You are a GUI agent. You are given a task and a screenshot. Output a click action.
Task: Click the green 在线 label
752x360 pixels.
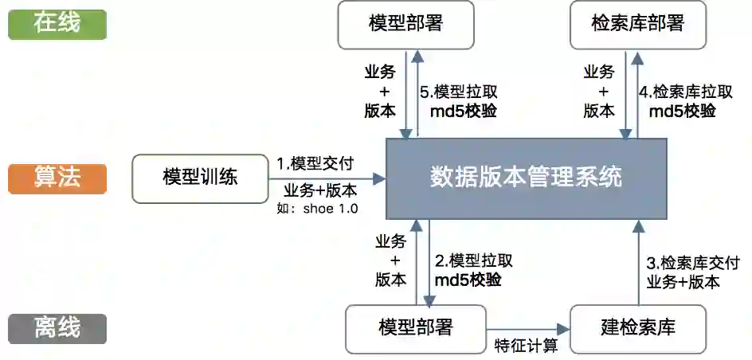coord(57,24)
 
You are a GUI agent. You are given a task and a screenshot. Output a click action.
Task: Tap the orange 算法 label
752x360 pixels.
coord(57,177)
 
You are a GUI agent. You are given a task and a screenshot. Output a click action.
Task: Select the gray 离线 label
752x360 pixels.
coord(57,328)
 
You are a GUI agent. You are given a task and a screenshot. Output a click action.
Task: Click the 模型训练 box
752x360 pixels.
coord(200,178)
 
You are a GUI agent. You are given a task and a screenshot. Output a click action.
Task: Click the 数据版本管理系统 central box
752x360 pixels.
coord(526,178)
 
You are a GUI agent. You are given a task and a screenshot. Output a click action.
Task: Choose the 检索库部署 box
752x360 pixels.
coord(638,24)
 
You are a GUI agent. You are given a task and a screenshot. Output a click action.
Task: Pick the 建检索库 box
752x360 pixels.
coord(638,328)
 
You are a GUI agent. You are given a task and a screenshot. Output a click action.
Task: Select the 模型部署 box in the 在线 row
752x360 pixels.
coord(405,24)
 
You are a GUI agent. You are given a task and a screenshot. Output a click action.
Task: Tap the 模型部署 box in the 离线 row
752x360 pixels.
coord(416,328)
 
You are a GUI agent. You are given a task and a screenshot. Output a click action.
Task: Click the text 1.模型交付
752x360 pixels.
coord(315,163)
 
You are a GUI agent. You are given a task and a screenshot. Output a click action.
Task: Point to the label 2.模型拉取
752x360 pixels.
coord(473,260)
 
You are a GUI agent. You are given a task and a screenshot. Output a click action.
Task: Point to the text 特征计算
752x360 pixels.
coord(526,346)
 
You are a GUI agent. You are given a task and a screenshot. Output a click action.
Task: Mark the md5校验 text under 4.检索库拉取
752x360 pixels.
coord(682,111)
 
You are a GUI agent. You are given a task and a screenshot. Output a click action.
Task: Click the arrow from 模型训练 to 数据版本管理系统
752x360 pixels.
coord(327,178)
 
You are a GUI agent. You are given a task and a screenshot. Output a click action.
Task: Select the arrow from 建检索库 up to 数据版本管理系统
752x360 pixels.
coord(637,263)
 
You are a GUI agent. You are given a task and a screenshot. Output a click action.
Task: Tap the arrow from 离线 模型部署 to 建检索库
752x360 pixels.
coord(530,328)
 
